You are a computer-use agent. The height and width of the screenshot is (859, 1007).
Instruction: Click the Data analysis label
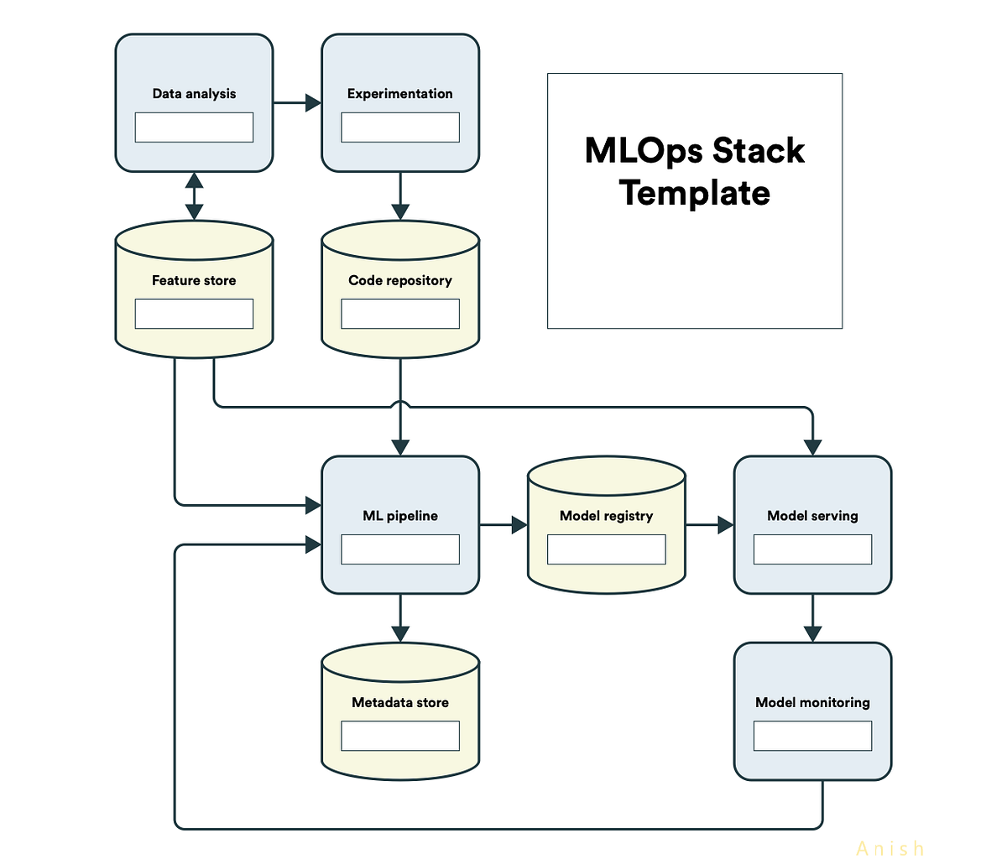pos(194,94)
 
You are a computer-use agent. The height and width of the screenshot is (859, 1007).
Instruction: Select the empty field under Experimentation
pos(400,128)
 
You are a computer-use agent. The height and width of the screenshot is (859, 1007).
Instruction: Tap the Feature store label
pos(194,280)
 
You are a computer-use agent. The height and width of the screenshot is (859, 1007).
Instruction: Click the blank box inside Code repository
pos(400,314)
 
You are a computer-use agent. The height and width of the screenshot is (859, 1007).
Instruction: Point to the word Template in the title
pos(695,193)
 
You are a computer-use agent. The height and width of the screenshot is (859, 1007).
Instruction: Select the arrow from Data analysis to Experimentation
pos(297,103)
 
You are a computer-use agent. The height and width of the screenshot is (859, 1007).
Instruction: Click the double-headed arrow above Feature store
pos(194,196)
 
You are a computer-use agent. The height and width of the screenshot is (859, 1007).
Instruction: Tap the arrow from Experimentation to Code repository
pos(400,196)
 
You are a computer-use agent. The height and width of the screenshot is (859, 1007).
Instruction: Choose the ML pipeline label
pos(400,516)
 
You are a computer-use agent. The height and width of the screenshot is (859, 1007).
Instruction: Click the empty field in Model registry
pos(607,549)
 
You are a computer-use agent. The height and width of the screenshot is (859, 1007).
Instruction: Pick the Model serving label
pos(812,516)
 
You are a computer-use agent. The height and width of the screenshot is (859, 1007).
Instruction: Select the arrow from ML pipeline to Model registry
pos(503,525)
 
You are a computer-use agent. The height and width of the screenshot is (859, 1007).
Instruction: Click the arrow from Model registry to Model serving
pos(710,525)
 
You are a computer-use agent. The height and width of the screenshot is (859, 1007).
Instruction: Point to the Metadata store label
pos(400,702)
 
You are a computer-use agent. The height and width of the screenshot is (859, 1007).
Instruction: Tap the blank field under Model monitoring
pos(812,736)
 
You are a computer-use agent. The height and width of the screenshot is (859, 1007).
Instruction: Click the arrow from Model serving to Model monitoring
pos(812,618)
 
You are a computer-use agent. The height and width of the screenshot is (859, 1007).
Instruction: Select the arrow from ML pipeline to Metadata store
pos(400,618)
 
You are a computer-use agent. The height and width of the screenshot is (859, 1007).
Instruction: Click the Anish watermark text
pos(890,849)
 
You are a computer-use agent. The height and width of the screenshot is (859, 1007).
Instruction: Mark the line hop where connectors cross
pos(400,407)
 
